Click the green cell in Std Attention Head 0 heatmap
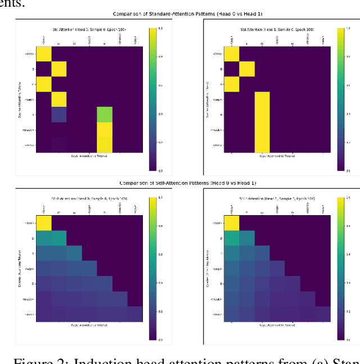click(x=105, y=115)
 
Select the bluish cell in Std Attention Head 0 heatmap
click(x=59, y=115)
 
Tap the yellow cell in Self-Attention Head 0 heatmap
click(x=44, y=222)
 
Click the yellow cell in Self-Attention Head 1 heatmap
click(x=231, y=222)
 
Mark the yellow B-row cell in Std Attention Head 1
click(x=246, y=69)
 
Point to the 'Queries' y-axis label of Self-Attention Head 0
click(x=26, y=269)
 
